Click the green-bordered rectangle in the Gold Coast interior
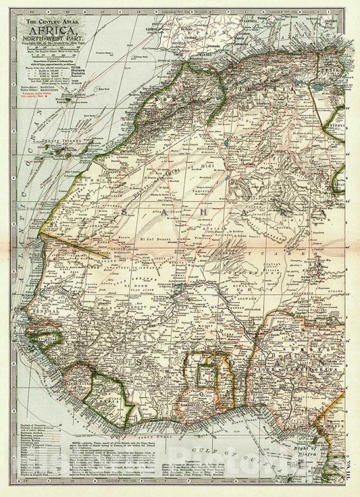[x=207, y=374]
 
